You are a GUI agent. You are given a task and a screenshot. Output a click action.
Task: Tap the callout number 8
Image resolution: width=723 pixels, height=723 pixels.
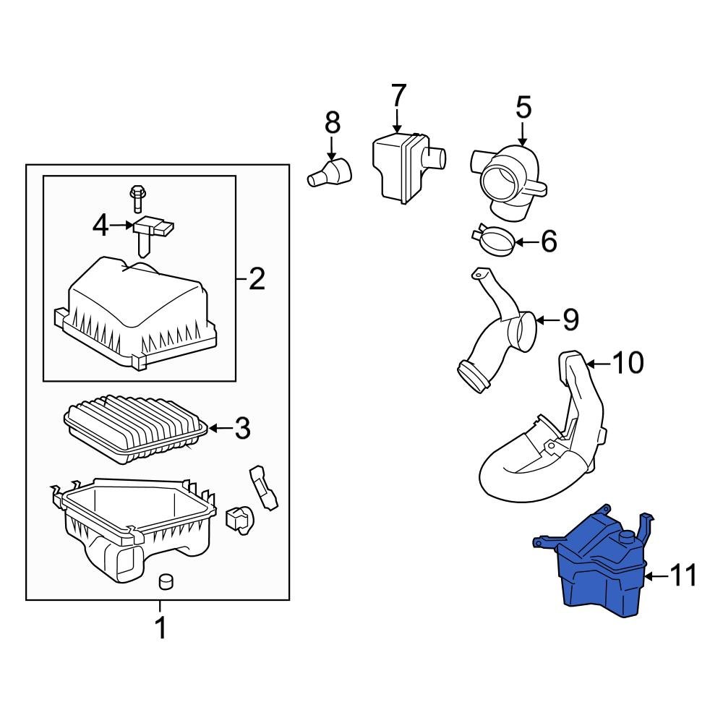(332, 122)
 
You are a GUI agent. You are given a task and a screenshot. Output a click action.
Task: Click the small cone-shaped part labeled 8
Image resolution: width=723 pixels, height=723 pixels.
(331, 174)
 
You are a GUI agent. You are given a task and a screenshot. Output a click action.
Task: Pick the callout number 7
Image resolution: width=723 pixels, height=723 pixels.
(398, 96)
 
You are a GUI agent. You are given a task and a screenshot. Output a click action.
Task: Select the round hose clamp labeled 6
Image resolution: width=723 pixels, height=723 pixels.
(493, 240)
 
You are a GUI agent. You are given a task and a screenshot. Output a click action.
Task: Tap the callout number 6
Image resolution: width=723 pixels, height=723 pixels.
(549, 241)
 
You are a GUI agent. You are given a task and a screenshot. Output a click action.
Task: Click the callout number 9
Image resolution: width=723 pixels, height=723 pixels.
(570, 319)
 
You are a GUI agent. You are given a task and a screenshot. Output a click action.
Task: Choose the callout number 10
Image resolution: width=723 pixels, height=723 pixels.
(628, 362)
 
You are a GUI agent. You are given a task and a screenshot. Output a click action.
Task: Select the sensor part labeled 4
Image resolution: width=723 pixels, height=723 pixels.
(152, 231)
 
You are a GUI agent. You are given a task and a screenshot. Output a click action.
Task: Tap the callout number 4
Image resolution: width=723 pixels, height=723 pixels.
(101, 226)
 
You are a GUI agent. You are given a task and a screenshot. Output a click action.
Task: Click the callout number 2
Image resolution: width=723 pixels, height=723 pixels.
(256, 278)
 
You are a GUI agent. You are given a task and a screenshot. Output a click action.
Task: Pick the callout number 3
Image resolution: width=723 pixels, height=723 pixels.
(241, 429)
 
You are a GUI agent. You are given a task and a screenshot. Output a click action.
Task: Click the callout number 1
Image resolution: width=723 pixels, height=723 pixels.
(161, 628)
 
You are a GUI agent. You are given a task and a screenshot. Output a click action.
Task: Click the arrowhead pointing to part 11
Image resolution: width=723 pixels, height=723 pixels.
(649, 576)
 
